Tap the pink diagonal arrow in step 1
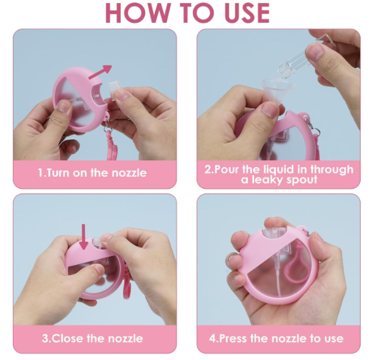(100, 72)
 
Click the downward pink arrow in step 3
(83, 237)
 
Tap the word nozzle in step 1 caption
(129, 173)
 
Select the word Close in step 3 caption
(67, 338)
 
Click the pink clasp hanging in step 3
(128, 285)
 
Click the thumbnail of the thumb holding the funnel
(270, 109)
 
